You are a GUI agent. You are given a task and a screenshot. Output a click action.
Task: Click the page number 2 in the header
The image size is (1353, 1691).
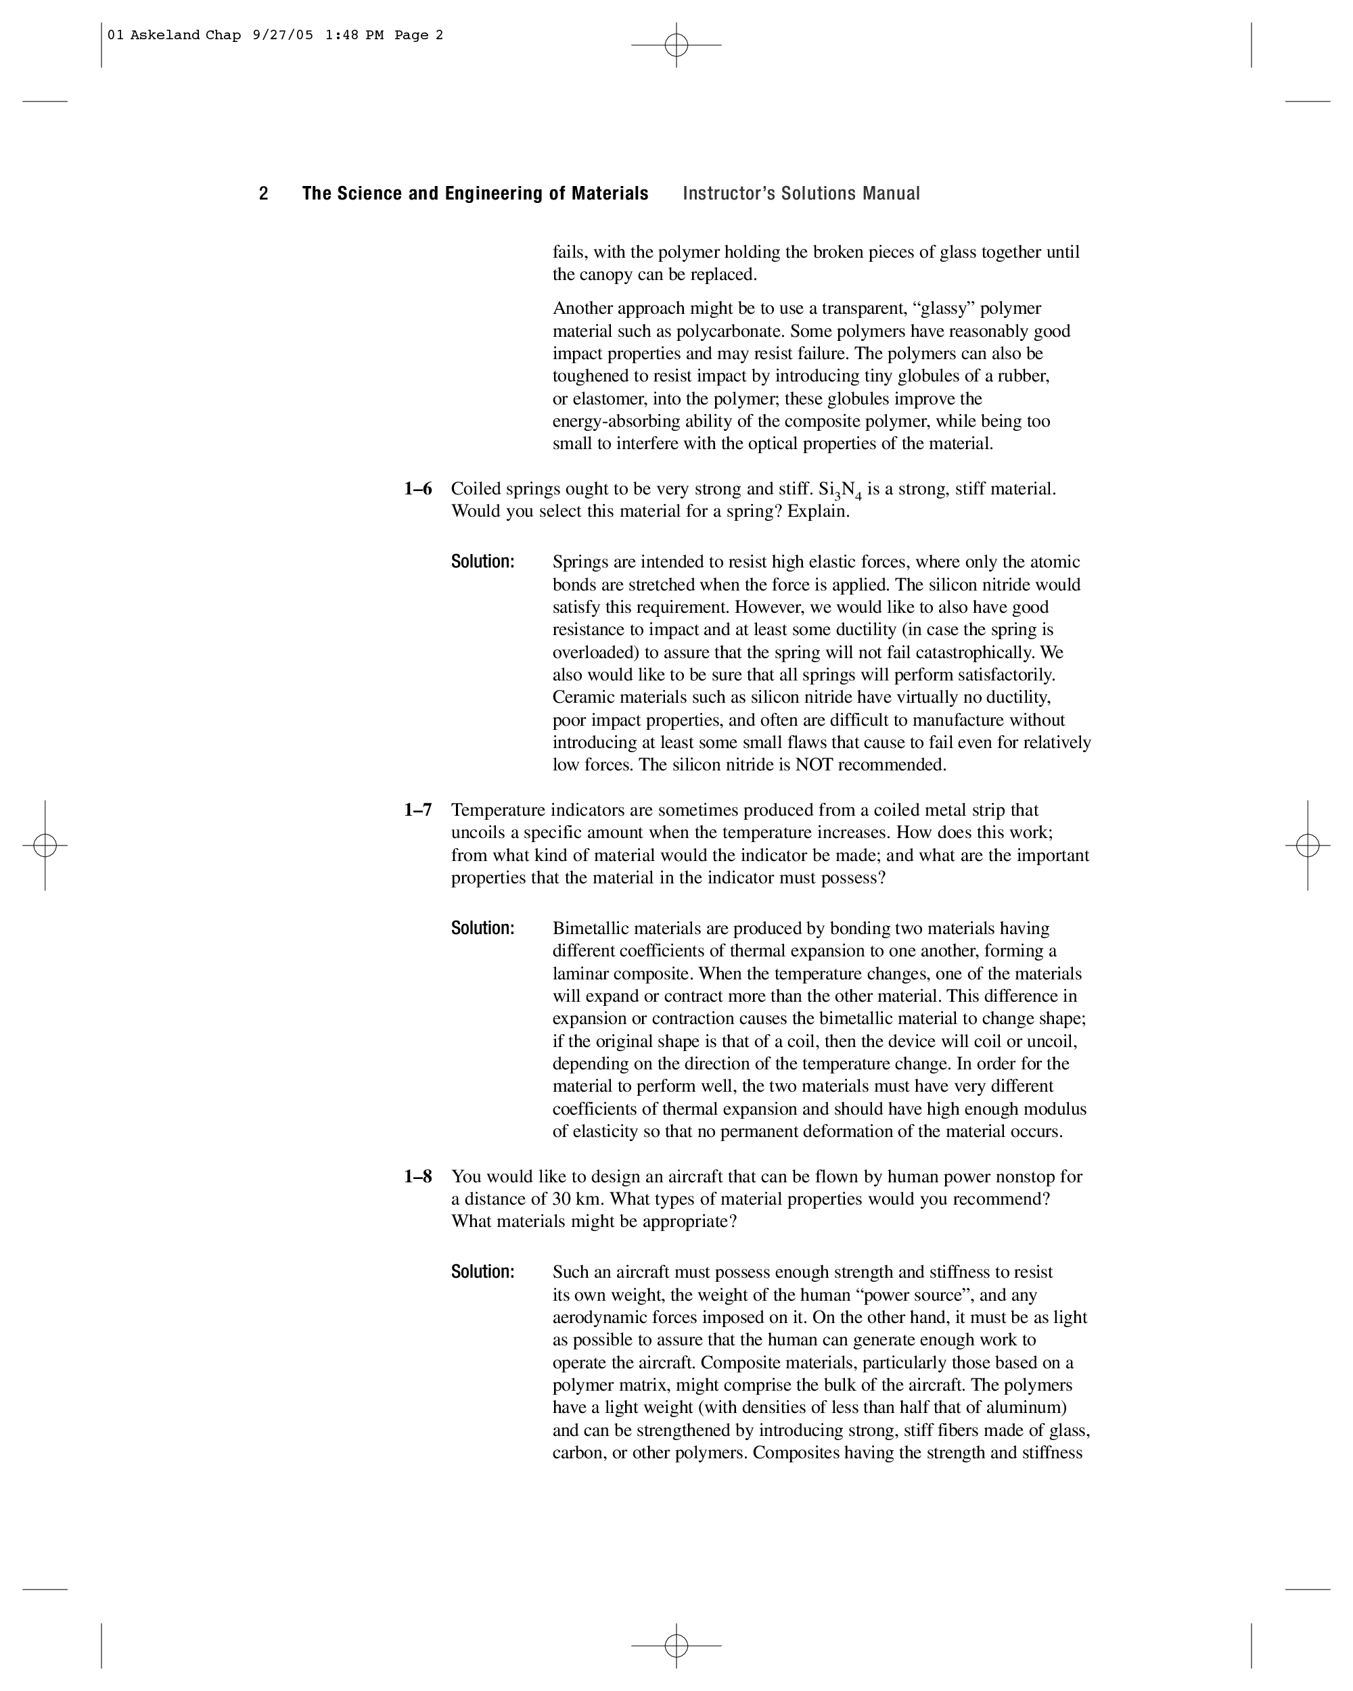point(264,193)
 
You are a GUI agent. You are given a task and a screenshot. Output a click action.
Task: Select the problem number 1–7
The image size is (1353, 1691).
point(418,810)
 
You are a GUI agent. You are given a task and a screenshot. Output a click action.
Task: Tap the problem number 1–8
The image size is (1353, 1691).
point(418,1176)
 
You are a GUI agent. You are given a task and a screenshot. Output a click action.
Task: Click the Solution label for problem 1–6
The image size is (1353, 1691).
point(482,561)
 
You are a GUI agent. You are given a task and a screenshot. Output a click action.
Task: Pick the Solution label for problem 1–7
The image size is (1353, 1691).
point(482,929)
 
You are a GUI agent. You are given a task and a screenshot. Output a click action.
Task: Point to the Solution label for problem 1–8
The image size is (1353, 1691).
point(482,1272)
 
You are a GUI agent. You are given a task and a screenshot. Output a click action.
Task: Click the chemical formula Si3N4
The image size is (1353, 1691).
point(840,490)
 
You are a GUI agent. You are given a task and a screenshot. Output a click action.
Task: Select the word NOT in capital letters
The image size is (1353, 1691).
point(813,765)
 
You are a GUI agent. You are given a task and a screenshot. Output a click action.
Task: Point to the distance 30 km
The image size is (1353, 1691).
point(578,1199)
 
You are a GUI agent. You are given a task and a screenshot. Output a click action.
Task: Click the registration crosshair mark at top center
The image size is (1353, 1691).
point(676,45)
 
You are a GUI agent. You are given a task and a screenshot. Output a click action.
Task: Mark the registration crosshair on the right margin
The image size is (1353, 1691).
point(1308,845)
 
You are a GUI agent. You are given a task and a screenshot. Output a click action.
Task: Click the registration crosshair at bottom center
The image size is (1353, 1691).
point(676,1646)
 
